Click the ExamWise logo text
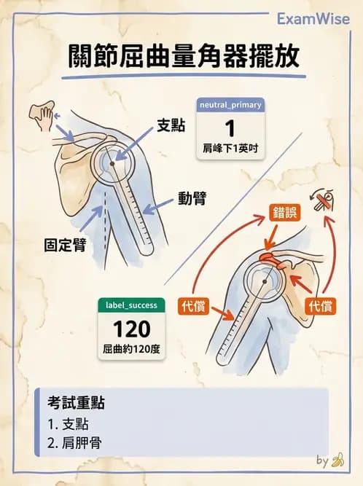(313, 18)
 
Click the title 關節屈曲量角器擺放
(182, 56)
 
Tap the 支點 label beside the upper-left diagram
(171, 125)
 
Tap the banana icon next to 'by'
(337, 460)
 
